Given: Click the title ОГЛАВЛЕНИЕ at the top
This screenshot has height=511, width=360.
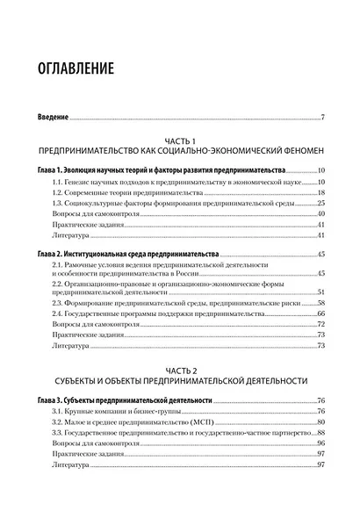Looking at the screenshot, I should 83,67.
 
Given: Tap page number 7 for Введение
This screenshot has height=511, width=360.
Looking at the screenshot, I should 323,117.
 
